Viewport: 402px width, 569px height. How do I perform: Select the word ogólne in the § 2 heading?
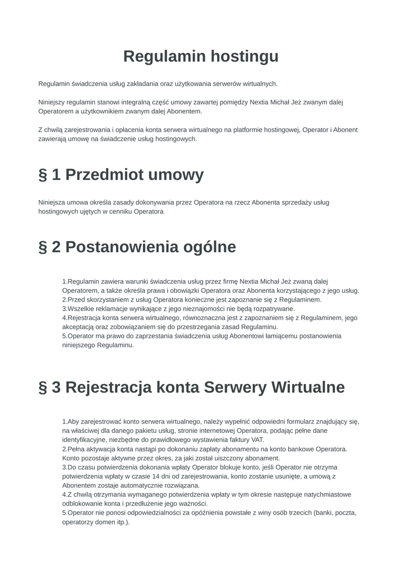pyautogui.click(x=209, y=247)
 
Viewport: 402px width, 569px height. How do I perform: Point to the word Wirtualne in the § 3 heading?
pyautogui.click(x=307, y=387)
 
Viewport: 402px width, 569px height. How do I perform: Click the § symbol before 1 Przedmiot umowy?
pyautogui.click(x=43, y=174)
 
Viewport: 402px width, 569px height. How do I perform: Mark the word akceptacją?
pyautogui.click(x=79, y=327)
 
